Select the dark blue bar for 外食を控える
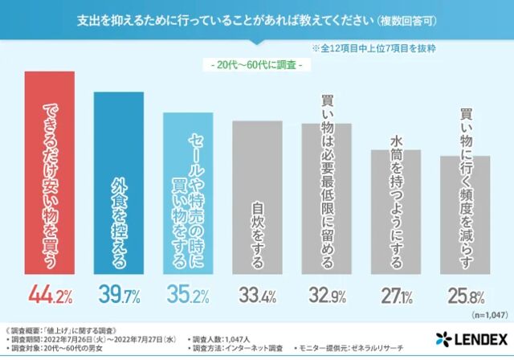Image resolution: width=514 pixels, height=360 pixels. [119, 185]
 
